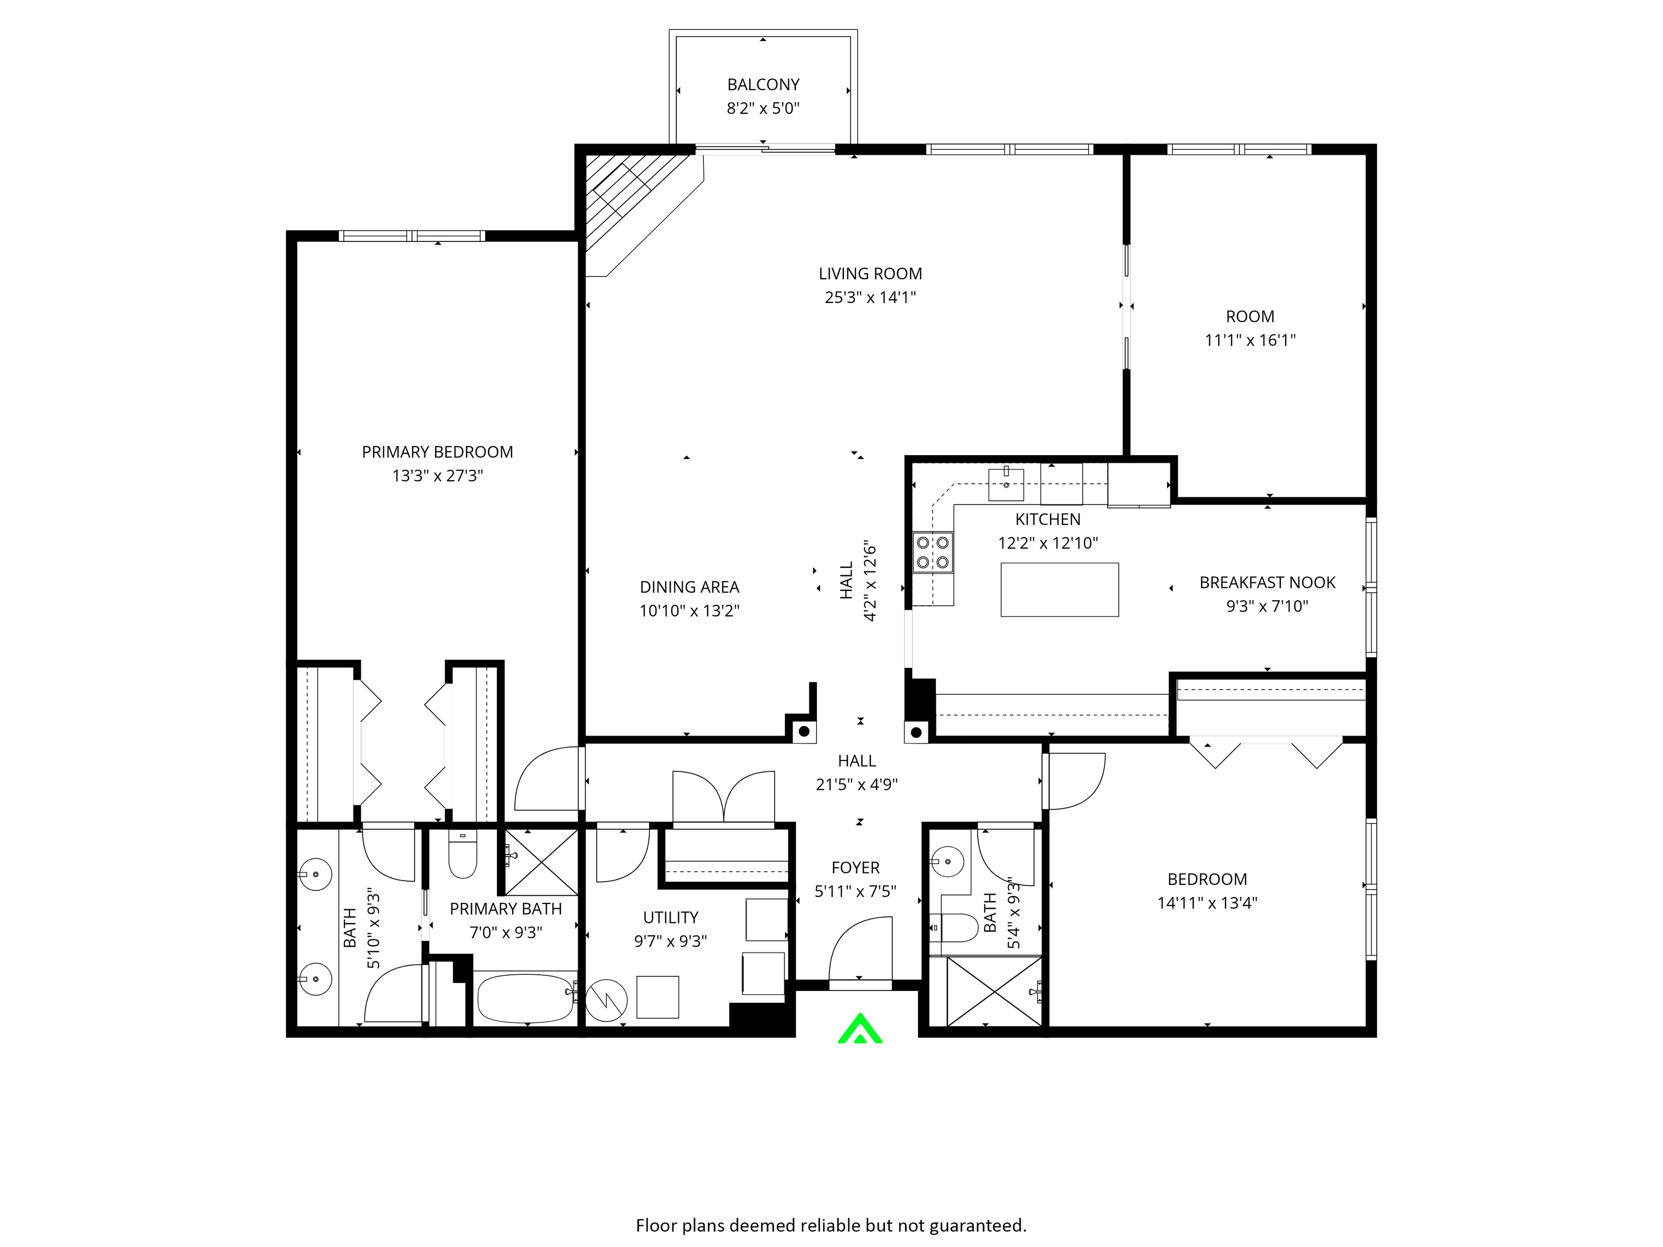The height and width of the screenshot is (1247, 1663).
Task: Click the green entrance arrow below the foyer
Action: (860, 1029)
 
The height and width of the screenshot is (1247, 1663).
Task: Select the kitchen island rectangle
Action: (1059, 590)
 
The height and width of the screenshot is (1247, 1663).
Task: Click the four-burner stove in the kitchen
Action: (932, 553)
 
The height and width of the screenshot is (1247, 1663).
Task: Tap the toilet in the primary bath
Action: (462, 856)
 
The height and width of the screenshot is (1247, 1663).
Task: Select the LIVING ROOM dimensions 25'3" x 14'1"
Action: (870, 298)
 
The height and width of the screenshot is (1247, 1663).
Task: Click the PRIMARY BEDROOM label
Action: (437, 452)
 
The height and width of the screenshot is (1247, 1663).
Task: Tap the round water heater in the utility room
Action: (606, 1000)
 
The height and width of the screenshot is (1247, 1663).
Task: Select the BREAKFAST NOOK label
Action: (1267, 582)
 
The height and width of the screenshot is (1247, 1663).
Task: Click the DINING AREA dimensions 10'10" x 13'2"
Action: (690, 611)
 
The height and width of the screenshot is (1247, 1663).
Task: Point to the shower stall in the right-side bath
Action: (994, 990)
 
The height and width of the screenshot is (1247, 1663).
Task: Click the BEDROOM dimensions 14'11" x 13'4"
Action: (1207, 903)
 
